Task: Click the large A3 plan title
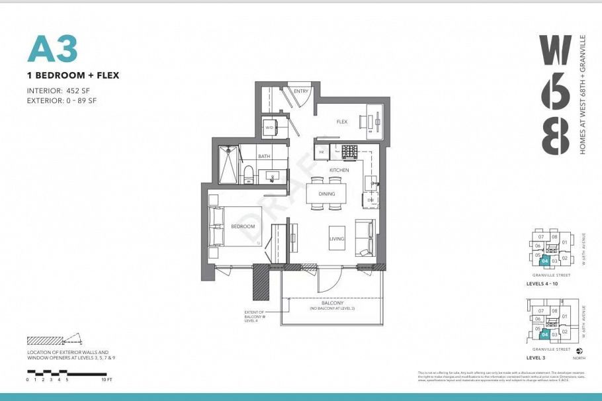tap(52, 49)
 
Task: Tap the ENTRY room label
tap(301, 91)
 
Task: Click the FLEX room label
tap(341, 122)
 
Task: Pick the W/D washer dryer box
tap(270, 127)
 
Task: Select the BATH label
tap(264, 157)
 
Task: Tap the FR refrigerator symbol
tap(322, 152)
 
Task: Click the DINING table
tap(327, 194)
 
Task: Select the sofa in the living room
tap(365, 237)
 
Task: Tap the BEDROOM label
tap(243, 226)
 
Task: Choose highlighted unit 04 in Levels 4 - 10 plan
tap(544, 261)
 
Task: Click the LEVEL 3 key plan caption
tap(540, 357)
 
